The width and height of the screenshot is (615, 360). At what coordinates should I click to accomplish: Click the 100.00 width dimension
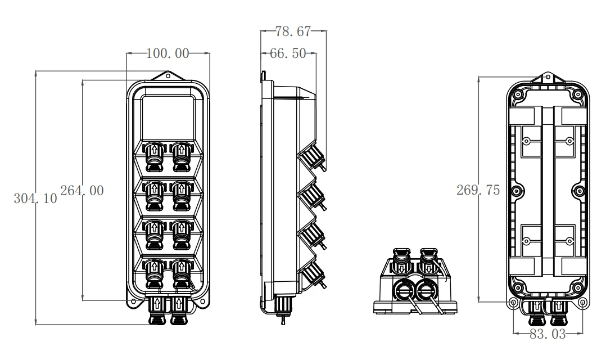pyautogui.click(x=168, y=54)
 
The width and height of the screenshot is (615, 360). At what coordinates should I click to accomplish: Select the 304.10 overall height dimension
pyautogui.click(x=37, y=198)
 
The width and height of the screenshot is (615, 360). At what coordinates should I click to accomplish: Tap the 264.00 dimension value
pyautogui.click(x=82, y=191)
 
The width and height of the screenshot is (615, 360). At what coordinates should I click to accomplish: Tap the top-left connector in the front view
pyautogui.click(x=154, y=156)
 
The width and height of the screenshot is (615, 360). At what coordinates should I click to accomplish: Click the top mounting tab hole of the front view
pyautogui.click(x=168, y=75)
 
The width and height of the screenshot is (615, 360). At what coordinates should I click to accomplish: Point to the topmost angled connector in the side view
pyautogui.click(x=310, y=157)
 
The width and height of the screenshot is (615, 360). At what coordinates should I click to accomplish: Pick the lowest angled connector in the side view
pyautogui.click(x=311, y=276)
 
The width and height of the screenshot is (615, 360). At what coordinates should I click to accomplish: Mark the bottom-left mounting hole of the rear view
pyautogui.click(x=513, y=302)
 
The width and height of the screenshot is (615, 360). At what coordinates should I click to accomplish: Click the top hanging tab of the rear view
pyautogui.click(x=549, y=78)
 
